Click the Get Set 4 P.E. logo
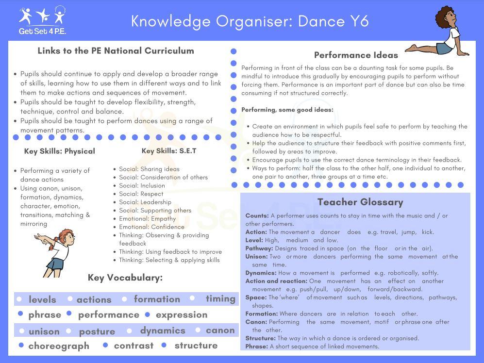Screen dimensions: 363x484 pyautogui.click(x=42, y=20)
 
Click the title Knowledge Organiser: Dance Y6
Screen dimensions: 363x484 pyautogui.click(x=250, y=21)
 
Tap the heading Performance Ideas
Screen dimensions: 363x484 pyautogui.click(x=356, y=55)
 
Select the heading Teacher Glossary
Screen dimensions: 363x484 pyautogui.click(x=360, y=202)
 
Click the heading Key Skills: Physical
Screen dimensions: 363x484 pyautogui.click(x=59, y=151)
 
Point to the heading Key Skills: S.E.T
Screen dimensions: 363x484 pyautogui.click(x=169, y=151)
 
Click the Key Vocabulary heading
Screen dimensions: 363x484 pyautogui.click(x=125, y=278)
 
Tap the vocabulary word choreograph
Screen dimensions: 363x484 pyautogui.click(x=59, y=346)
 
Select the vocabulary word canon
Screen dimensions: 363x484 pyautogui.click(x=220, y=330)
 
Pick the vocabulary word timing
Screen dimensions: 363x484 pyautogui.click(x=220, y=299)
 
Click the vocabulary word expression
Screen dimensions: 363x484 pyautogui.click(x=182, y=315)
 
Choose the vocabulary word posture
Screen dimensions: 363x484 pyautogui.click(x=97, y=331)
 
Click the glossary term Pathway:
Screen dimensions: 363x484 pyautogui.click(x=259, y=248)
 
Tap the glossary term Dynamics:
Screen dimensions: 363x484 pyautogui.click(x=261, y=273)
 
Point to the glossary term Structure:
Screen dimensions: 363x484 pyautogui.click(x=260, y=338)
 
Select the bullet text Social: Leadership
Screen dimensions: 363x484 pyautogui.click(x=145, y=202)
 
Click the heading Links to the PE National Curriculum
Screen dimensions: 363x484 pyautogui.click(x=116, y=51)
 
